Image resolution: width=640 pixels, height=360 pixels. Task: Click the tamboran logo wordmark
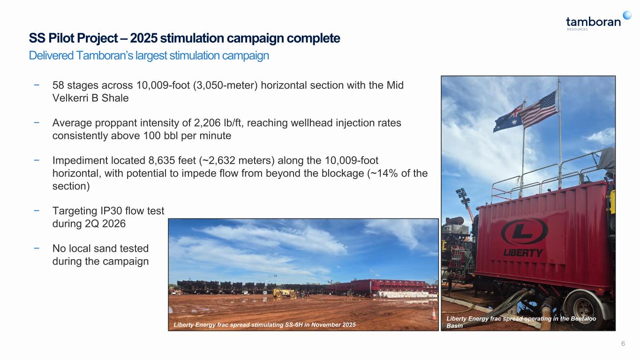pos(593,22)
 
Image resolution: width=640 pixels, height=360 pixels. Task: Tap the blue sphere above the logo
pos(627,15)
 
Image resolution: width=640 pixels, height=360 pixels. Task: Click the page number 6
pos(623,344)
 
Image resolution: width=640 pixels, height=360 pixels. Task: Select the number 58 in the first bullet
pos(58,85)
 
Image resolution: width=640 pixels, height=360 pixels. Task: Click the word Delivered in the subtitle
pos(51,55)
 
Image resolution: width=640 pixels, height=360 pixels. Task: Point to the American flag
pos(538,110)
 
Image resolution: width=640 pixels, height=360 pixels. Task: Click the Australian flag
pos(509,119)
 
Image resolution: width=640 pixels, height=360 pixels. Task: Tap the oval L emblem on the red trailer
pos(524,232)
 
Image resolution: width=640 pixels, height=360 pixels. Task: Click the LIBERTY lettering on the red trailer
pos(523,253)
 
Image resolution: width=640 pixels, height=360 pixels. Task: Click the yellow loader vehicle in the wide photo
pos(284,293)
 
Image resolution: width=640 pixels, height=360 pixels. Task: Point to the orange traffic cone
pos(433,314)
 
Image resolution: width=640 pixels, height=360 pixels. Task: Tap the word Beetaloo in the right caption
pos(583,319)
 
